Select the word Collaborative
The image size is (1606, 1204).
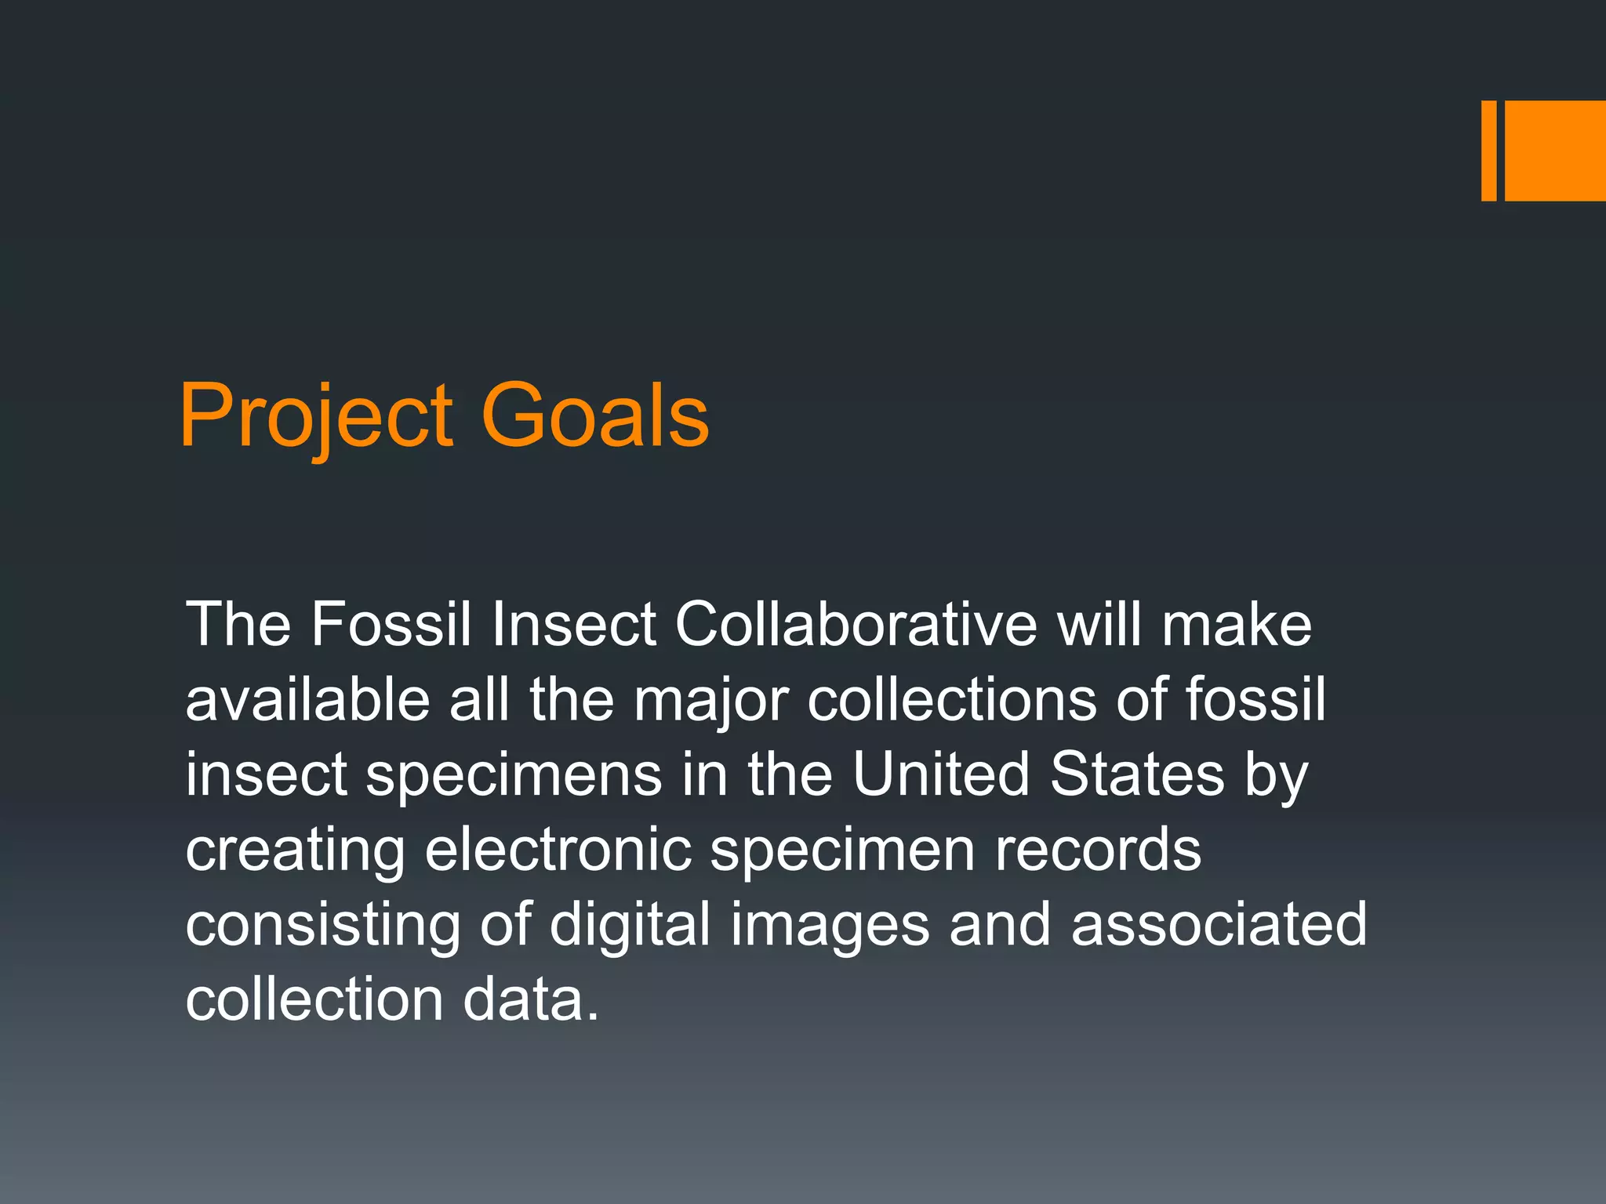(x=856, y=625)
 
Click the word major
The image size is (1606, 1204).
(x=710, y=701)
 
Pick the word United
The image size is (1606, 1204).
(x=940, y=774)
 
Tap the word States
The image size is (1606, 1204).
(x=1136, y=774)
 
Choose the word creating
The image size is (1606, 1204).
(x=295, y=851)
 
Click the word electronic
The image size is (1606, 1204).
(x=558, y=850)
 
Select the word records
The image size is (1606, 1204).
(x=1098, y=850)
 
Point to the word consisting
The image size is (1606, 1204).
(x=322, y=926)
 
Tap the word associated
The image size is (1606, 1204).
(x=1219, y=924)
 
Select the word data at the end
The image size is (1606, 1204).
(x=530, y=999)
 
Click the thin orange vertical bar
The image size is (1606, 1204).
(x=1488, y=150)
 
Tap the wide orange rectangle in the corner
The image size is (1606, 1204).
(x=1555, y=150)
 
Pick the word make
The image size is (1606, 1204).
(x=1237, y=625)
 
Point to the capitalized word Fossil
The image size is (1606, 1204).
(x=391, y=625)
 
